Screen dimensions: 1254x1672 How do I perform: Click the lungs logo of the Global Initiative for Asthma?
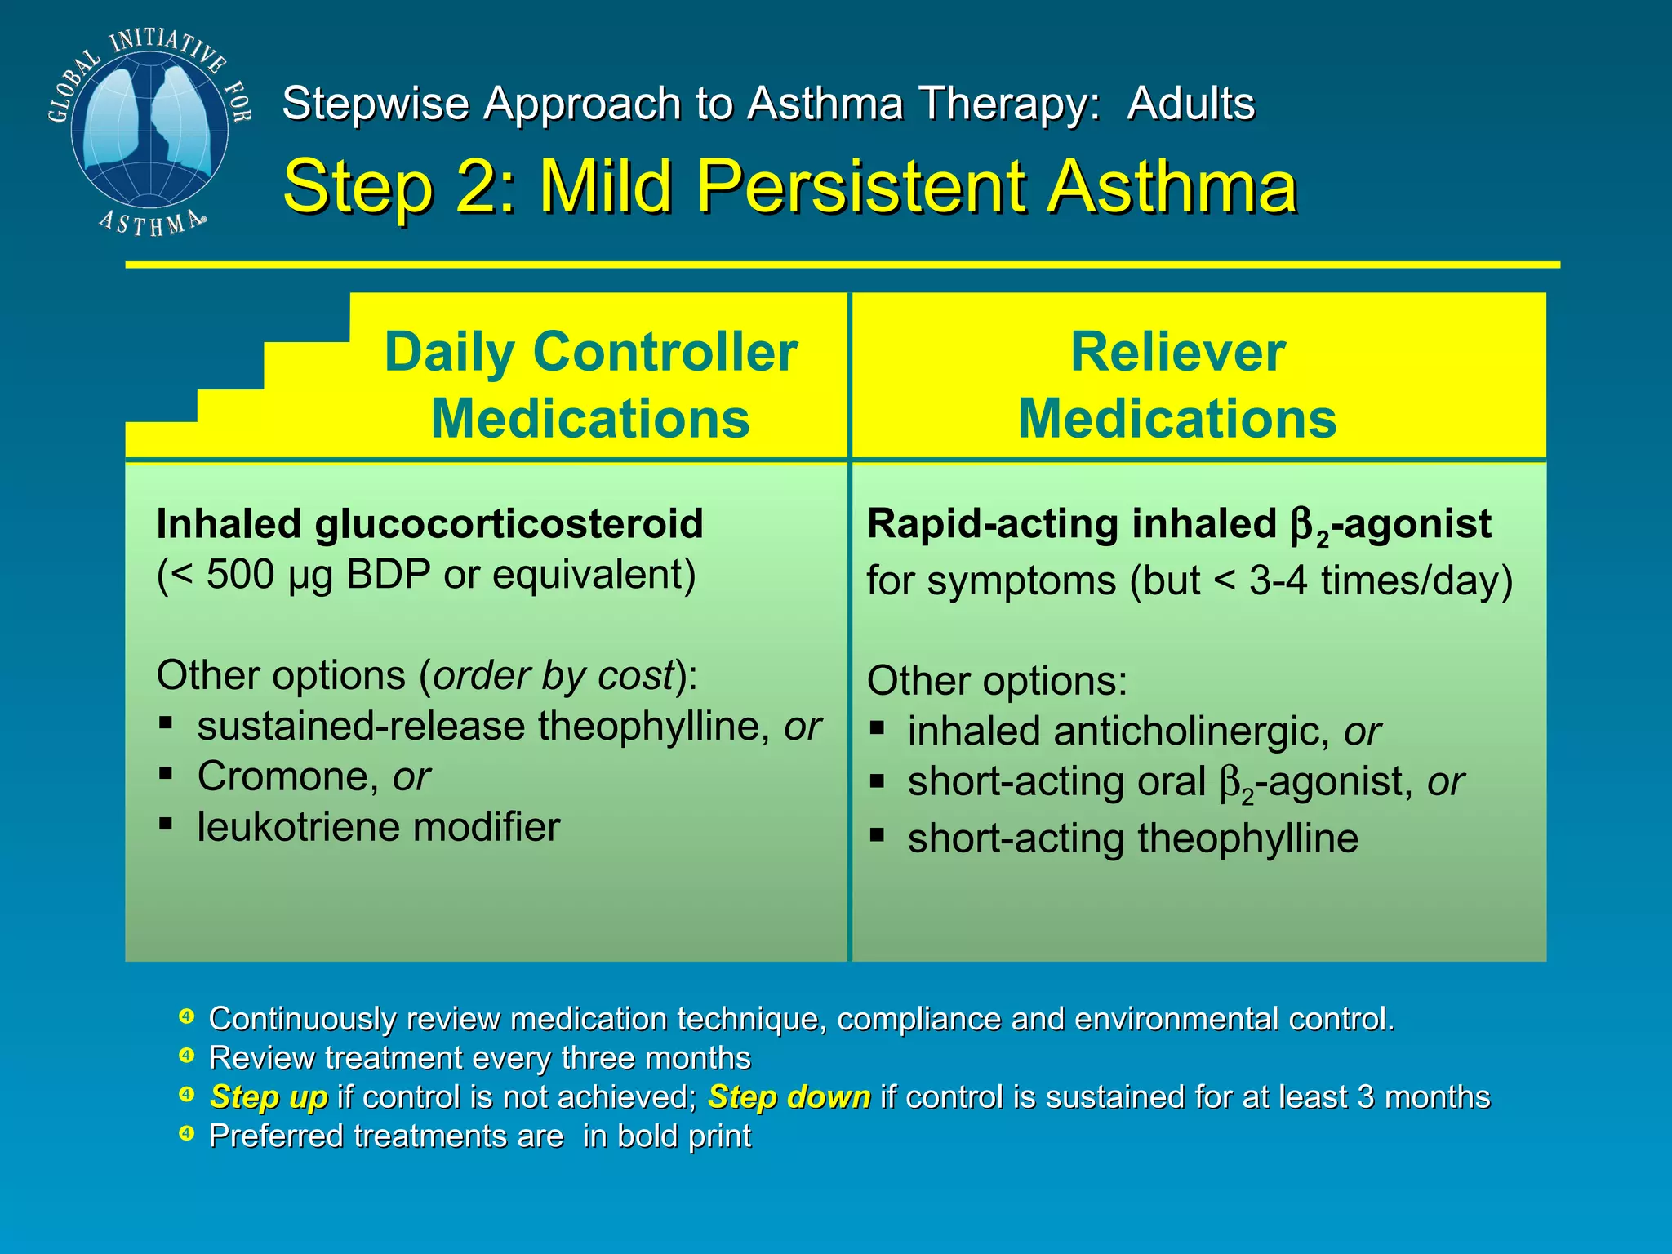149,131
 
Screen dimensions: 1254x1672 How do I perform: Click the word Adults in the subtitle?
1190,104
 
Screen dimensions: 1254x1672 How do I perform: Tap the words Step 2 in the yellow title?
399,187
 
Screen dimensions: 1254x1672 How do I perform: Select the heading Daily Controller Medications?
590,385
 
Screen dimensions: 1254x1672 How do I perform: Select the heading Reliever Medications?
1177,385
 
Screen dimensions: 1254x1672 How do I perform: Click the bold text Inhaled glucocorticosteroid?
429,523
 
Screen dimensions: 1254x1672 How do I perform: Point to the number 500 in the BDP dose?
240,575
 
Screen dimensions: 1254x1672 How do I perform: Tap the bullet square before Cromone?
166,772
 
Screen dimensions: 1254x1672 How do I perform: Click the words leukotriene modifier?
378,827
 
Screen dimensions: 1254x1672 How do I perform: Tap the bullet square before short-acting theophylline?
877,835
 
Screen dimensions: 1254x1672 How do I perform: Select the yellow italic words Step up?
269,1097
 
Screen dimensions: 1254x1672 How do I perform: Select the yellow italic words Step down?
789,1097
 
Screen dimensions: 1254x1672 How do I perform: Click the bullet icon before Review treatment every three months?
187,1056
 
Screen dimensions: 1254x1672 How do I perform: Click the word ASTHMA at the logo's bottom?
150,224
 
